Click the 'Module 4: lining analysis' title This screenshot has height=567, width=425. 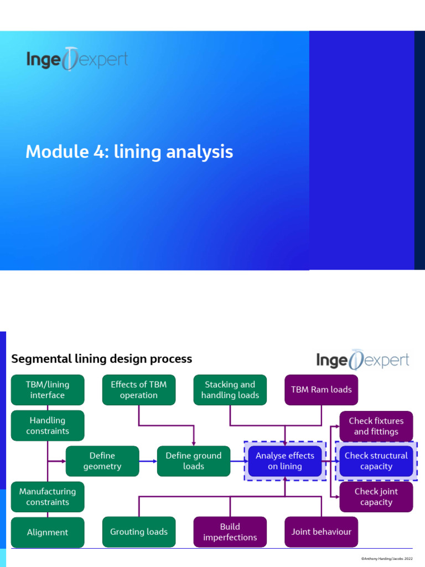[129, 152]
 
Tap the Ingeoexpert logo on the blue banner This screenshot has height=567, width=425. [77, 59]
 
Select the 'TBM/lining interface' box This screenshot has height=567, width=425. [48, 390]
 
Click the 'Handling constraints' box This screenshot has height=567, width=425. [48, 426]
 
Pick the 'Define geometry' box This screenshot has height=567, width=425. [102, 461]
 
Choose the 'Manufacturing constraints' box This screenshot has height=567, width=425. [48, 497]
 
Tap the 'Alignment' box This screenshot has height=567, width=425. [48, 532]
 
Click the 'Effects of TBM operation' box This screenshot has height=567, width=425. [138, 390]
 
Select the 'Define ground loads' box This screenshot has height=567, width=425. [193, 461]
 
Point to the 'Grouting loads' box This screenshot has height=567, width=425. [138, 532]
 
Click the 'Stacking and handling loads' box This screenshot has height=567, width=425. [230, 390]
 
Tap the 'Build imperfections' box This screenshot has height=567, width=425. [230, 532]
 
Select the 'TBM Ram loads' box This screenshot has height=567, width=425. [321, 390]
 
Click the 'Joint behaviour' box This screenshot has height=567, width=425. [321, 532]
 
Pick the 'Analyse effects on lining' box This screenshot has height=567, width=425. [284, 461]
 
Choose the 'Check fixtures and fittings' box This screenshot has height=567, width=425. [376, 426]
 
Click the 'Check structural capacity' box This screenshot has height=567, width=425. [376, 461]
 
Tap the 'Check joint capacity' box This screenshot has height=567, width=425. [376, 497]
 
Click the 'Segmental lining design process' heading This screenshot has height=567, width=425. [102, 359]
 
